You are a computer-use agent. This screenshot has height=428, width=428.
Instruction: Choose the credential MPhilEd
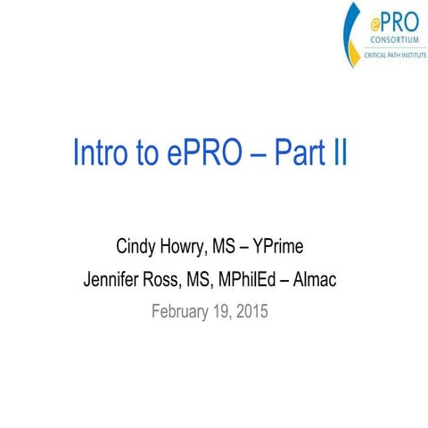259,281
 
